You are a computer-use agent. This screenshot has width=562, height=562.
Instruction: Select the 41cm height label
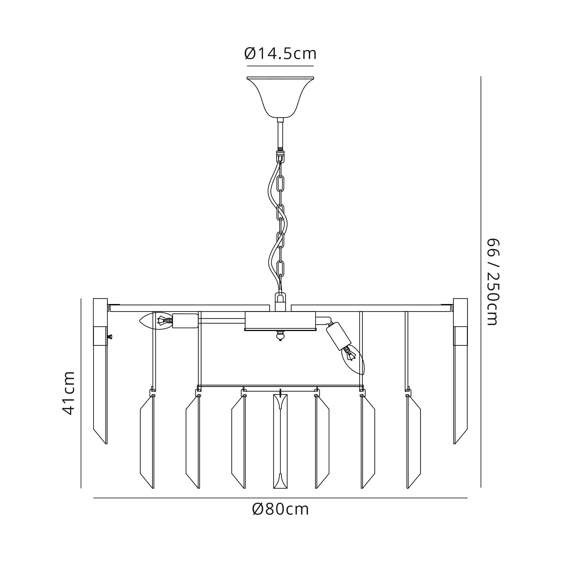[x=69, y=393]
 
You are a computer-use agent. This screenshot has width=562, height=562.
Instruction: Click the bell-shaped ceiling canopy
[x=280, y=97]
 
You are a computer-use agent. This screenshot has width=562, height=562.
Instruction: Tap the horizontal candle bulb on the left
[x=156, y=321]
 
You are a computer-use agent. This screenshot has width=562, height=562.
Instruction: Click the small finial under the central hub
[x=280, y=336]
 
